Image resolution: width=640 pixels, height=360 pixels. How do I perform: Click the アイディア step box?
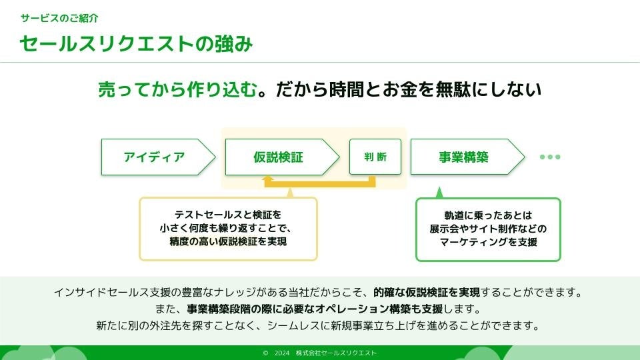(155, 157)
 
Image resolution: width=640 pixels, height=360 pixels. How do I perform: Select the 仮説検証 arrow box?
(279, 157)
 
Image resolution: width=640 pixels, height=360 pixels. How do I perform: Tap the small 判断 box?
(375, 157)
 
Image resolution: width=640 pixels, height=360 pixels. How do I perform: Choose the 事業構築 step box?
(464, 157)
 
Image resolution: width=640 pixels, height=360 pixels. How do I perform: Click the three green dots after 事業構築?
(550, 157)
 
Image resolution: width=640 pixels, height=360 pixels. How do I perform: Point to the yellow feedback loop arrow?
(320, 181)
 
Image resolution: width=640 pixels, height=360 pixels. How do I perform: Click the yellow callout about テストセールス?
(228, 229)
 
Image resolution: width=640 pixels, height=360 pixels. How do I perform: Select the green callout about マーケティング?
(488, 229)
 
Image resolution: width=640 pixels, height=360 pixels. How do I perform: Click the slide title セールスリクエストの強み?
(136, 43)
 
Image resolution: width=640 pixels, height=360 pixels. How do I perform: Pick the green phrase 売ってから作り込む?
(177, 90)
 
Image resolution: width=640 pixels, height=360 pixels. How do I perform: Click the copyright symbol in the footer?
(265, 353)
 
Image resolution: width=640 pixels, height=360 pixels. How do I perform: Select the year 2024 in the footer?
(282, 353)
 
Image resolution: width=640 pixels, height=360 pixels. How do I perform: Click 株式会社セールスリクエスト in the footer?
(336, 353)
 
